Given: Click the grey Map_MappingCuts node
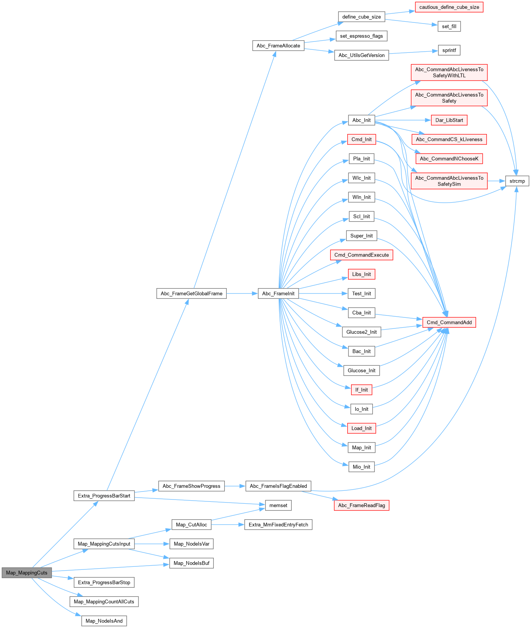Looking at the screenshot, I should click(27, 573).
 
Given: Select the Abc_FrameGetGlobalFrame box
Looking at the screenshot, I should click(191, 293).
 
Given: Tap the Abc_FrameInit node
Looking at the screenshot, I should click(278, 293).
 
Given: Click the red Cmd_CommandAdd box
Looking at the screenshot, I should click(449, 322).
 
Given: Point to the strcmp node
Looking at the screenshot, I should click(517, 181).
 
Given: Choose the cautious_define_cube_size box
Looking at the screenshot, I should click(449, 7).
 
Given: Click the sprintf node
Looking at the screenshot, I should click(449, 50).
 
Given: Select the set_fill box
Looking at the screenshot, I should click(449, 26).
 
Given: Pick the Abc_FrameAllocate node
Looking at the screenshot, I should click(278, 46).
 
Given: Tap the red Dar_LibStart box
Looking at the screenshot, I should click(449, 120).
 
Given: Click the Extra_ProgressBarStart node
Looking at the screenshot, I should click(104, 496).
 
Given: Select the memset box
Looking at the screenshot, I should click(278, 505).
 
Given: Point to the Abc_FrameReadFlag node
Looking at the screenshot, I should click(361, 505).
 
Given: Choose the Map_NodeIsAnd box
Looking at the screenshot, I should click(104, 621).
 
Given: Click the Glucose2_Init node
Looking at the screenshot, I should click(361, 332).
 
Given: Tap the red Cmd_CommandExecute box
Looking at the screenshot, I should click(361, 255).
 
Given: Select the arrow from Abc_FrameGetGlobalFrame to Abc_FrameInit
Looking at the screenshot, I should click(242, 293).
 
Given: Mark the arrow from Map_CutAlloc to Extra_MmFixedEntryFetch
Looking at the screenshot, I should click(227, 525).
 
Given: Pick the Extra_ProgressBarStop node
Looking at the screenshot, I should click(104, 582).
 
